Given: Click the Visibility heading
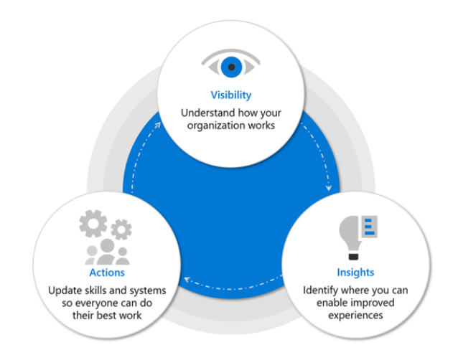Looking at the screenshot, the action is click(231, 95).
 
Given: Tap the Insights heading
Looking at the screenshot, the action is click(355, 273).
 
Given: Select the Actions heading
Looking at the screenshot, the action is click(107, 273).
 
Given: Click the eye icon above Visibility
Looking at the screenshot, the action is click(231, 63).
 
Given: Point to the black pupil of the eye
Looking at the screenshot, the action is click(231, 67).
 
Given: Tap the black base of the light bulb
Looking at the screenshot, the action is click(353, 256).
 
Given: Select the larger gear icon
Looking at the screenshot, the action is click(93, 224).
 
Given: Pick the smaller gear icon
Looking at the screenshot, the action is click(121, 229).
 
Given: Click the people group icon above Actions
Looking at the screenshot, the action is click(107, 252).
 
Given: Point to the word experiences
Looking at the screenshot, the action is click(355, 316).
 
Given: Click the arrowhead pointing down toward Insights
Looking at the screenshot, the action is click(329, 188).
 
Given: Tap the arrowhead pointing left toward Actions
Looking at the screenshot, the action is click(187, 280).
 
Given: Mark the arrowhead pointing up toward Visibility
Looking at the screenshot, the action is click(157, 125).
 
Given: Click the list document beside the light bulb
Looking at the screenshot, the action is click(368, 227).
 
